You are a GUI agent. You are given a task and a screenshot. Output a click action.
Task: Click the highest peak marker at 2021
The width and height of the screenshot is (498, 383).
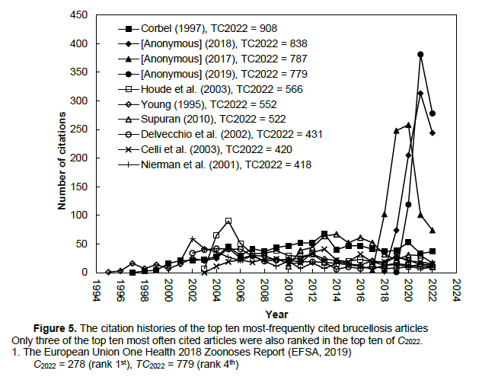[x=420, y=54]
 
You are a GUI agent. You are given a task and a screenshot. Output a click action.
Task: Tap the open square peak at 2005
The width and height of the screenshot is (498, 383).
[x=228, y=221]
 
